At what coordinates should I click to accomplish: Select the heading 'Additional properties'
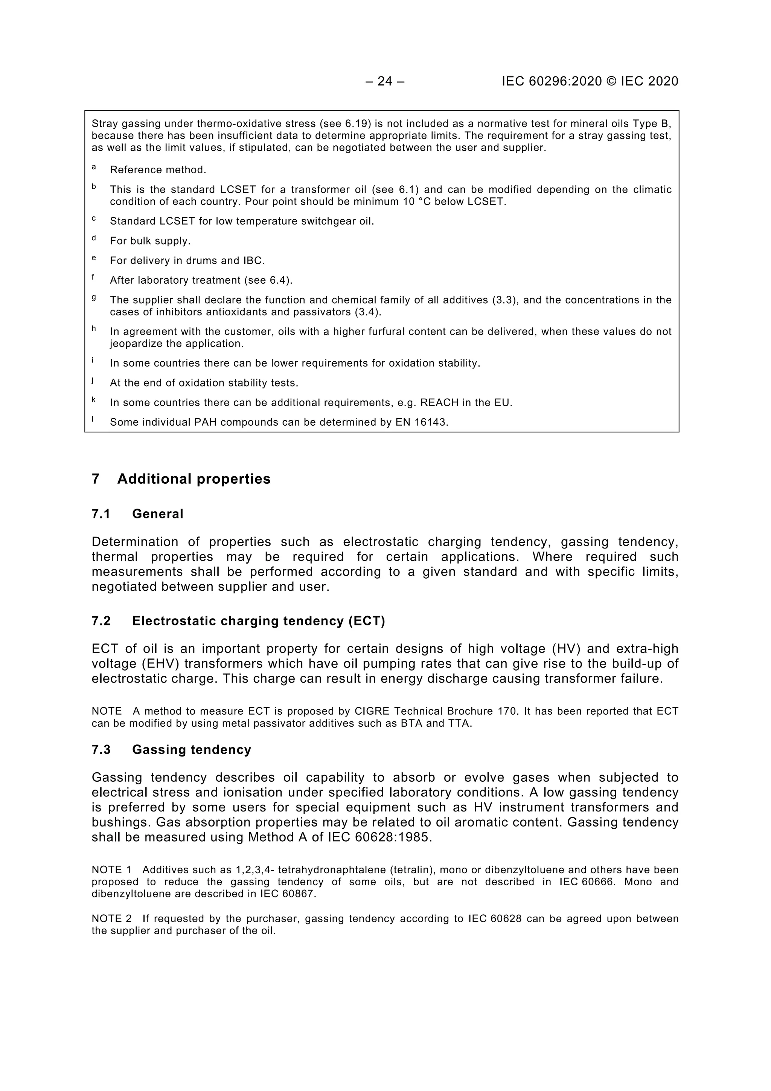click(194, 479)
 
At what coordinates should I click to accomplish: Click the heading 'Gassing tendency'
click(191, 750)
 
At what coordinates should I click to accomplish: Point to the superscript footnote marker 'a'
click(94, 167)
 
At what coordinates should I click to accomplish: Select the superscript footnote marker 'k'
click(94, 400)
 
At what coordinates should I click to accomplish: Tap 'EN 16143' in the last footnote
click(421, 422)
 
